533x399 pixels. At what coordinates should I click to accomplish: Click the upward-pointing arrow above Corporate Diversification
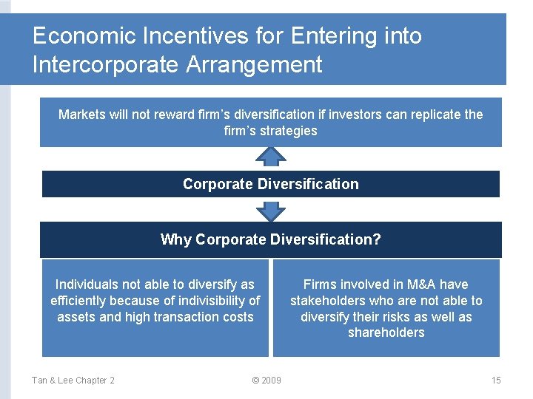[271, 157]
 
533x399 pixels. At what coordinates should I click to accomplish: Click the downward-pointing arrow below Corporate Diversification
[271, 211]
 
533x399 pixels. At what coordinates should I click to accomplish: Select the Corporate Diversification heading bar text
[270, 184]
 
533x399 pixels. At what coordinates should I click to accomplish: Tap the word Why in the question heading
[175, 239]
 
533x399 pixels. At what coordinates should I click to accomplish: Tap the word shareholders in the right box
[386, 333]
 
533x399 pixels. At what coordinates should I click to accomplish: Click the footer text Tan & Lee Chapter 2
[73, 381]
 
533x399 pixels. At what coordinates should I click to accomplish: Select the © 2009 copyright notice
[266, 381]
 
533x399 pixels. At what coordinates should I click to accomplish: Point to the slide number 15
[495, 381]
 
